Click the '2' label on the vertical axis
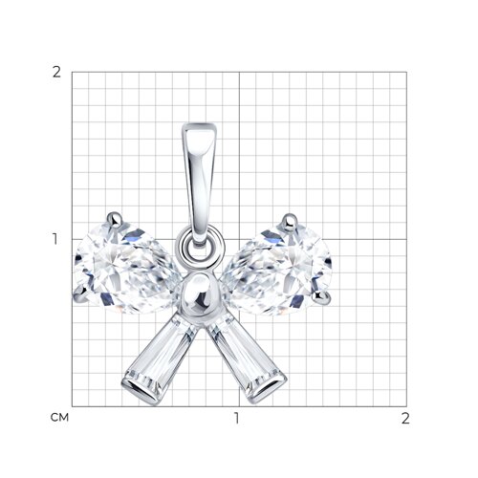tap(56, 73)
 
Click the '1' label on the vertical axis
tap(55, 239)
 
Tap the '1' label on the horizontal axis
tap(236, 418)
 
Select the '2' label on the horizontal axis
tap(405, 418)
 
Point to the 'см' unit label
tap(59, 418)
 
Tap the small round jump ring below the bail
tap(201, 246)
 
